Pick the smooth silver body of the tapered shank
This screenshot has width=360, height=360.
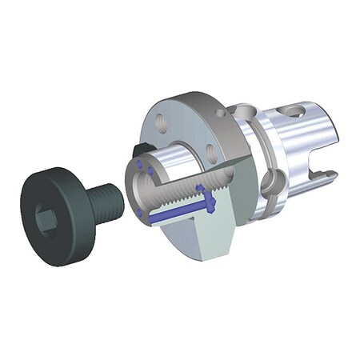280,132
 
